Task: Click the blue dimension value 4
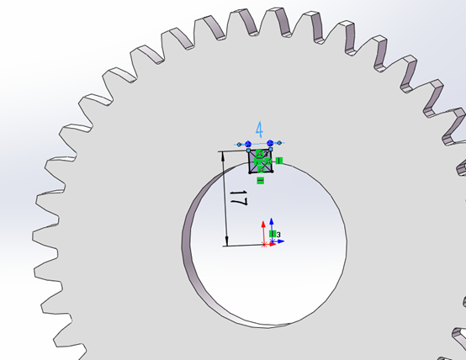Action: (x=259, y=130)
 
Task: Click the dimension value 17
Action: (x=238, y=200)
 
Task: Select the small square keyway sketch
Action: (x=260, y=161)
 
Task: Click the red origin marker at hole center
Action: (x=265, y=244)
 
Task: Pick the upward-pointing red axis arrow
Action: (x=263, y=226)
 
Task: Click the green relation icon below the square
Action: (x=260, y=180)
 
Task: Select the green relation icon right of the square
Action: (x=278, y=160)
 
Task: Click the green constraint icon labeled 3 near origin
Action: (x=274, y=234)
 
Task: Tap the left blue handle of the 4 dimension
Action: (x=248, y=144)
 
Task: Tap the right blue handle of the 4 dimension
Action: (x=271, y=144)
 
